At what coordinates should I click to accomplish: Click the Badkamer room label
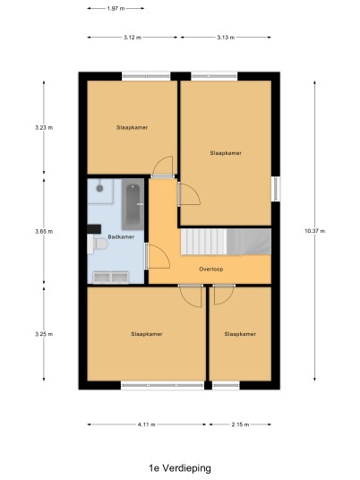[x=121, y=237]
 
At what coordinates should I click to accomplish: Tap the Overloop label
[x=211, y=270]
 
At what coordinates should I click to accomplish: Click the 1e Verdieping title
[x=180, y=468]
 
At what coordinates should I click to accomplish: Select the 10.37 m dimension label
[x=314, y=231]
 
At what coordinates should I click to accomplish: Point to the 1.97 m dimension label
[x=116, y=9]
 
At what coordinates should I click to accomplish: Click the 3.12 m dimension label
[x=133, y=38]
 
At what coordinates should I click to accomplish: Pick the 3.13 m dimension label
[x=226, y=38]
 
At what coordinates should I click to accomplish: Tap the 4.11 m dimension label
[x=147, y=424]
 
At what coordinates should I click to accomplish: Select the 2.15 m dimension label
[x=240, y=424]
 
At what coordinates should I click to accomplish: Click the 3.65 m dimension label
[x=44, y=231]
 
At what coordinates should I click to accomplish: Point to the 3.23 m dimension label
[x=44, y=128]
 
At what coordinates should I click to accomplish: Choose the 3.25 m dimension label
[x=44, y=334]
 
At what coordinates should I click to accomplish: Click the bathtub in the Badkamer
[x=133, y=204]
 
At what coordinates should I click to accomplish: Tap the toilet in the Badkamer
[x=98, y=244]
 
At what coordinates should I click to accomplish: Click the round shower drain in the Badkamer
[x=99, y=188]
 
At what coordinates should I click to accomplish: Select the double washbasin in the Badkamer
[x=111, y=278]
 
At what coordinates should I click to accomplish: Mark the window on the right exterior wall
[x=276, y=189]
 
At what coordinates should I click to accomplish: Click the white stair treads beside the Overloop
[x=204, y=242]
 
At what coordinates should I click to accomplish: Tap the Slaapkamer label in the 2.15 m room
[x=240, y=334]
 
